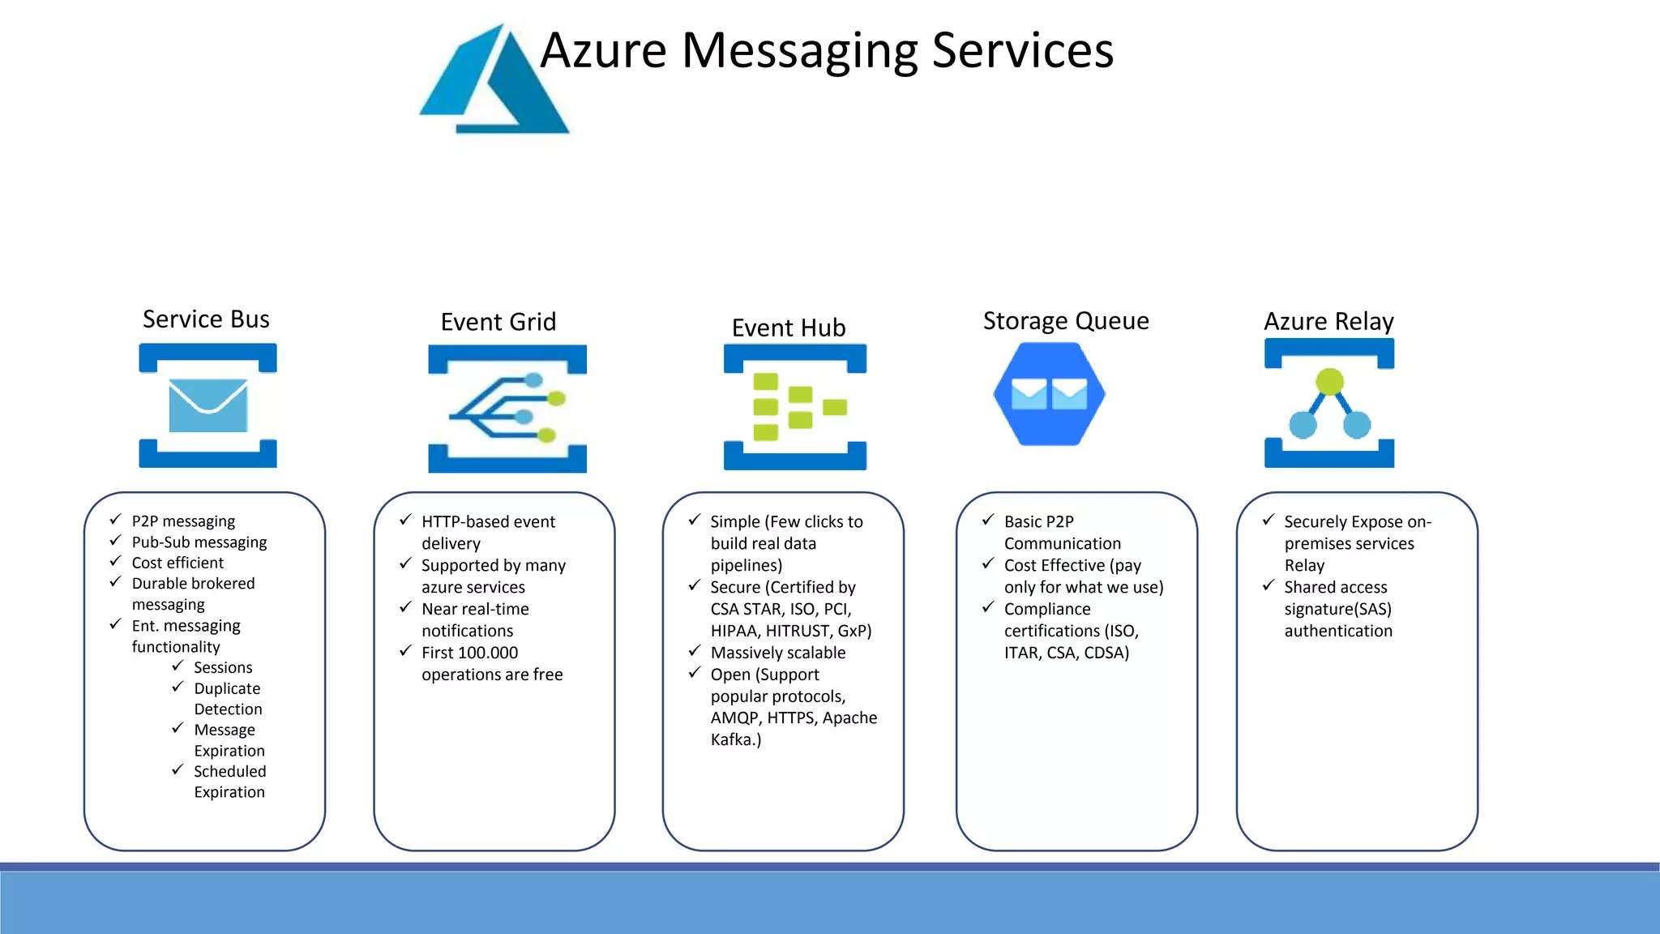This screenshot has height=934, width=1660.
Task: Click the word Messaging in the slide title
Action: (x=798, y=51)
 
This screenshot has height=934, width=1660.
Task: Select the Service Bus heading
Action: (x=206, y=319)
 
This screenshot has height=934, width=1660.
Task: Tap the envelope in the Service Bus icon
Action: (x=207, y=405)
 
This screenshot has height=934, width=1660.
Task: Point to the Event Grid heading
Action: (x=498, y=322)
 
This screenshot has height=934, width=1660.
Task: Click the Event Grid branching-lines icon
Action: (x=507, y=409)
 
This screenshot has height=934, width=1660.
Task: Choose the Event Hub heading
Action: (x=788, y=328)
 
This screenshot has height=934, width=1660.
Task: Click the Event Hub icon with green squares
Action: (x=795, y=406)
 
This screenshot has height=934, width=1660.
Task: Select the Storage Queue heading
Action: (x=1065, y=321)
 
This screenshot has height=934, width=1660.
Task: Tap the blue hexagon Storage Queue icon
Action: (x=1049, y=394)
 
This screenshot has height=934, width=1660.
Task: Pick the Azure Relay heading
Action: (x=1328, y=322)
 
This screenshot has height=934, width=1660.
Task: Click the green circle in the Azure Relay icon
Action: (x=1330, y=380)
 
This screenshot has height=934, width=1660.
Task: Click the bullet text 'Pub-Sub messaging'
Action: (x=199, y=542)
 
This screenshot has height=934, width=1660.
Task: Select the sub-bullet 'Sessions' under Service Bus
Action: (x=223, y=667)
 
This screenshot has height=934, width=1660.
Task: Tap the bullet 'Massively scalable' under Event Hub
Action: (x=777, y=653)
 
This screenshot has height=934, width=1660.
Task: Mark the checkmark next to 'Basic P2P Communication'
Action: (x=988, y=520)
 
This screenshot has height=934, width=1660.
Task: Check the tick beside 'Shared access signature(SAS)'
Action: (x=1269, y=585)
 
